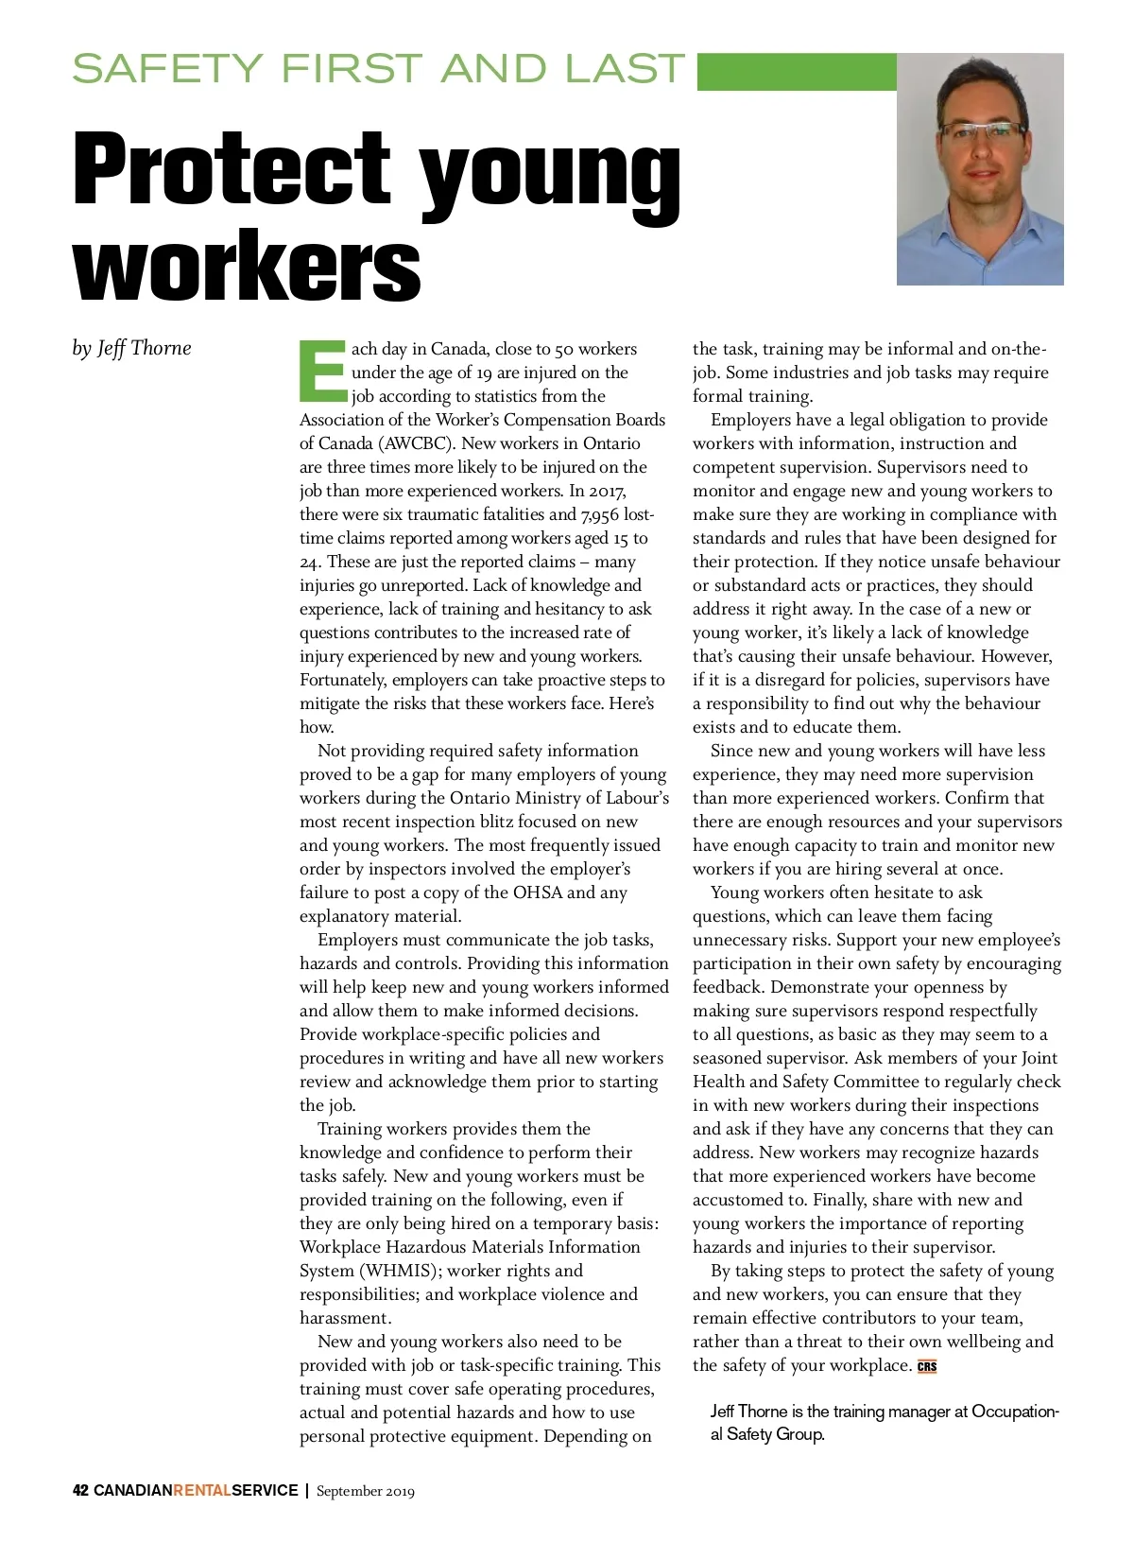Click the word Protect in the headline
coord(232,168)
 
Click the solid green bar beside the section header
coord(796,72)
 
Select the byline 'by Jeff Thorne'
coord(131,348)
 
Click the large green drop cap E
coord(322,370)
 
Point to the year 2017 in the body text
coord(607,491)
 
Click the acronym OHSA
coord(538,892)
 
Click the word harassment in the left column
coord(345,1318)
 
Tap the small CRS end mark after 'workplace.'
coord(927,1366)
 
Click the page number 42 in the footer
coord(81,1491)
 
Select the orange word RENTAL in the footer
coord(202,1491)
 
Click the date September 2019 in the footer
coord(365,1491)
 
